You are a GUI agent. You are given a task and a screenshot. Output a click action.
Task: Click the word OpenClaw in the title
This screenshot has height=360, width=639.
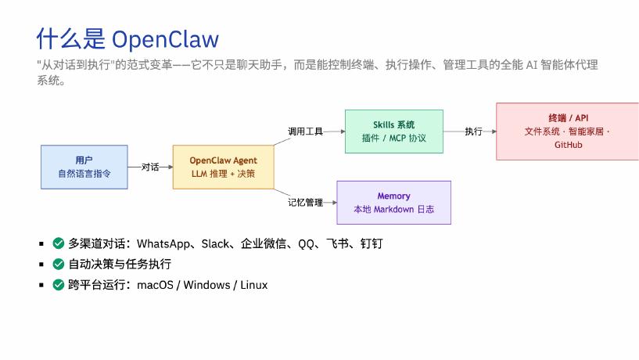(166, 39)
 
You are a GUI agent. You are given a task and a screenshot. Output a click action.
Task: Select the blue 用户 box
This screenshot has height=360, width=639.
(84, 167)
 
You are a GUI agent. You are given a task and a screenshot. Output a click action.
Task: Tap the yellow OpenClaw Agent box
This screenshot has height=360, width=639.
(224, 167)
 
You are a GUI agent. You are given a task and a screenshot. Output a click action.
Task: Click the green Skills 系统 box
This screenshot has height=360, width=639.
(394, 131)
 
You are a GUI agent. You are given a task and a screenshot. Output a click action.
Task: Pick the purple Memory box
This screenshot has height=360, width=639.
(393, 203)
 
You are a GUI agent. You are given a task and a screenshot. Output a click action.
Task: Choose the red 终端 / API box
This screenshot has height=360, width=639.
(568, 131)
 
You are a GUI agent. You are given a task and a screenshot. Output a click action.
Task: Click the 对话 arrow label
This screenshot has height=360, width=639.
(150, 167)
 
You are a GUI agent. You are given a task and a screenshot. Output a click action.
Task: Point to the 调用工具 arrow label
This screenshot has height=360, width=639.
(305, 131)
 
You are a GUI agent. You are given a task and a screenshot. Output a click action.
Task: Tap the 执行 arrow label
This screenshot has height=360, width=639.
(473, 131)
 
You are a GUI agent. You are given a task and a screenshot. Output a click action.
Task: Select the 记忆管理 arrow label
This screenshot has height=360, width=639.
(305, 202)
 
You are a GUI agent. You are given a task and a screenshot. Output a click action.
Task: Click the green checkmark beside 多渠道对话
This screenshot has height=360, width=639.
(59, 243)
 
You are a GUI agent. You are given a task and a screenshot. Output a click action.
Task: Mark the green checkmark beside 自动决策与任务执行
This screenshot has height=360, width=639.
(59, 264)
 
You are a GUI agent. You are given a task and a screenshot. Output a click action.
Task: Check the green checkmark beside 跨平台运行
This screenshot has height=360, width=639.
(59, 285)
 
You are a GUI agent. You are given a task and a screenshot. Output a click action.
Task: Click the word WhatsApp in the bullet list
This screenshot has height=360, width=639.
(166, 243)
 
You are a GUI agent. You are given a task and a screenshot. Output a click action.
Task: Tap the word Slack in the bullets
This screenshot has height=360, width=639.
(216, 243)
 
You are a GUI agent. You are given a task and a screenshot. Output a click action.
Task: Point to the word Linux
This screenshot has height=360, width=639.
(253, 285)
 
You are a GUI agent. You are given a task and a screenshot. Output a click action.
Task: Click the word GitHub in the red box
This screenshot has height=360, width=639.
(569, 145)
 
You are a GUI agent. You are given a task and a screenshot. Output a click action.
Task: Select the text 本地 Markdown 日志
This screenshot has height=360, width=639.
(393, 210)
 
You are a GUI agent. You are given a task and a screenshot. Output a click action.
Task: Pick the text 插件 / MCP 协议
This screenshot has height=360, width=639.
(394, 139)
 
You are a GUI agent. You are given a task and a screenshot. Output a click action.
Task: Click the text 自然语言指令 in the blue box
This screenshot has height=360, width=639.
(84, 174)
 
